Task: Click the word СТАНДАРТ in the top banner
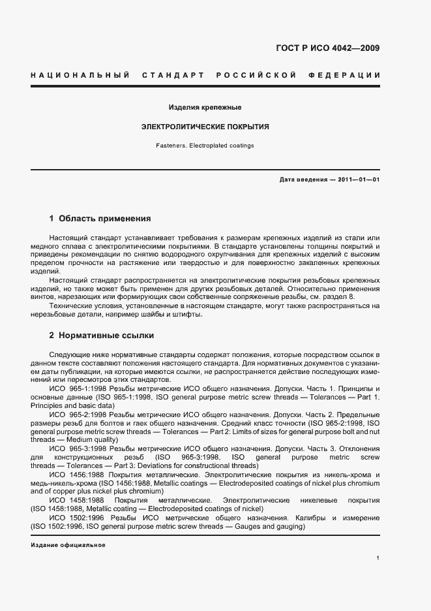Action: [173, 76]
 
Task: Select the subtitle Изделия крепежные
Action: [205, 106]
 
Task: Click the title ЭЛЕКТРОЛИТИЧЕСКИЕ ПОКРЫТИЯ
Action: [205, 127]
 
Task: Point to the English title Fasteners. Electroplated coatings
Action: [205, 146]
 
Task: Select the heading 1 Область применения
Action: [100, 218]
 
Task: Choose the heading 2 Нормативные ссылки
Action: [102, 336]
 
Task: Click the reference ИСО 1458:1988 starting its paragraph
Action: [75, 499]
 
